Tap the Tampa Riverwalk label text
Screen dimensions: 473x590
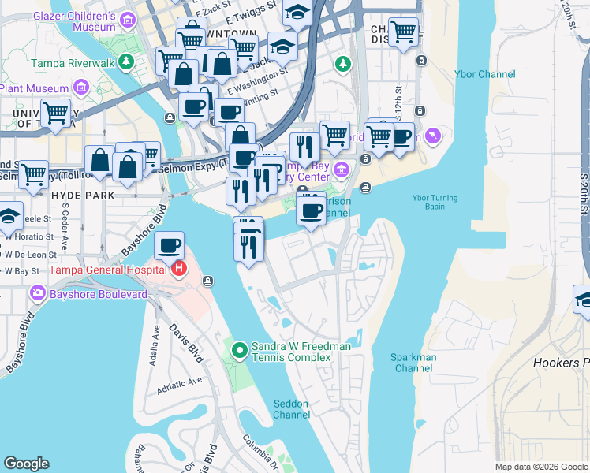[73, 62]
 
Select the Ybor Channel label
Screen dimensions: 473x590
[485, 75]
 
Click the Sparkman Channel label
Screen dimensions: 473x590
[413, 363]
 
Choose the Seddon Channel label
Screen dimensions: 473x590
[291, 409]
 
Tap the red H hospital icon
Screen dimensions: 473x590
[179, 269]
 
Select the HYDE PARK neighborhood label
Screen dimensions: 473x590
[82, 195]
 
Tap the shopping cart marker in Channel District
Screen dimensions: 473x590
[403, 32]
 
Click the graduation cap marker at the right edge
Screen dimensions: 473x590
[584, 300]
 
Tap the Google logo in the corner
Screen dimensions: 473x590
[26, 464]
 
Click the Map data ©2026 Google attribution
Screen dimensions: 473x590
[540, 467]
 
